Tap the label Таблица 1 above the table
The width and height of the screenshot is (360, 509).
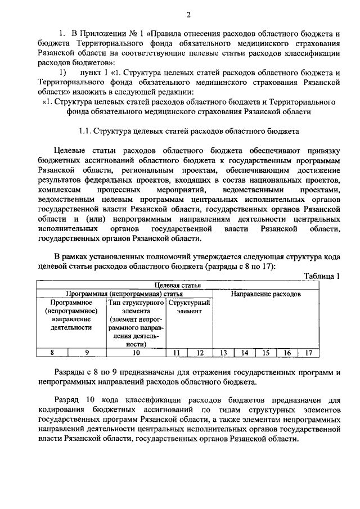(322, 276)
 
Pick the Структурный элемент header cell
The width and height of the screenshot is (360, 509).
(189, 307)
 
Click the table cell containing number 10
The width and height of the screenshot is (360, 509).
(136, 353)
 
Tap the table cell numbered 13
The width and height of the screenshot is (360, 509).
(223, 353)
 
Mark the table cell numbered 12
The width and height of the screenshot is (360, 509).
(200, 353)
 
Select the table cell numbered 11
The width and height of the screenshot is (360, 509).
(177, 353)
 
